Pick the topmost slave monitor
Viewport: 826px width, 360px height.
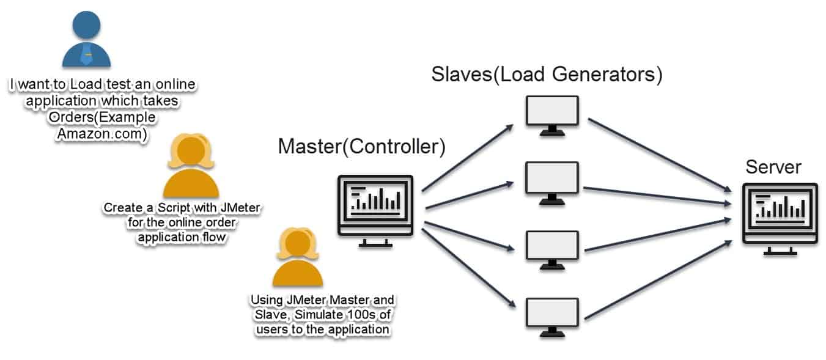tap(551, 114)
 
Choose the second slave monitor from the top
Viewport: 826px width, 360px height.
tap(551, 181)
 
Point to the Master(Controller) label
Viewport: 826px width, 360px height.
tap(361, 147)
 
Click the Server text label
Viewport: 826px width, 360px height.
tap(773, 167)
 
